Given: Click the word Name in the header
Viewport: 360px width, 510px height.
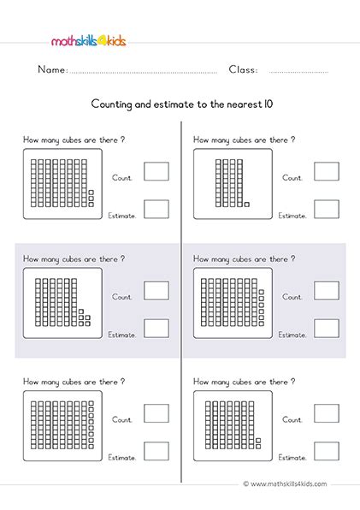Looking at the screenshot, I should click(52, 69).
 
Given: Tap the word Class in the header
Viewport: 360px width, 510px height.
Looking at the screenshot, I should click(244, 69).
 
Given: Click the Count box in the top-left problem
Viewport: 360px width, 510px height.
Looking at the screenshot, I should click(156, 171).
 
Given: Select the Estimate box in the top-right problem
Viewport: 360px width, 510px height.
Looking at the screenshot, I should click(326, 208).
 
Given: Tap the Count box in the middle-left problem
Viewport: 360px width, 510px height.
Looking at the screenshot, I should click(156, 290).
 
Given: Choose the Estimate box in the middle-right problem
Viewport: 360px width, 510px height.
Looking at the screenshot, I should click(326, 327).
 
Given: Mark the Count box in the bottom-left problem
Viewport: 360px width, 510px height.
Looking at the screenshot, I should click(156, 413).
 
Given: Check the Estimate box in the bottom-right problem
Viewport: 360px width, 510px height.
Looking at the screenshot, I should click(326, 451).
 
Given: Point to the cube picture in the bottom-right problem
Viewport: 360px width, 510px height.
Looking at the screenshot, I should click(233, 424).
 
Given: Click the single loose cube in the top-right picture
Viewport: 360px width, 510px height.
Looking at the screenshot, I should click(246, 205).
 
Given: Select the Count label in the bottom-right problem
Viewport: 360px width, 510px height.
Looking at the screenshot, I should click(292, 420).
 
